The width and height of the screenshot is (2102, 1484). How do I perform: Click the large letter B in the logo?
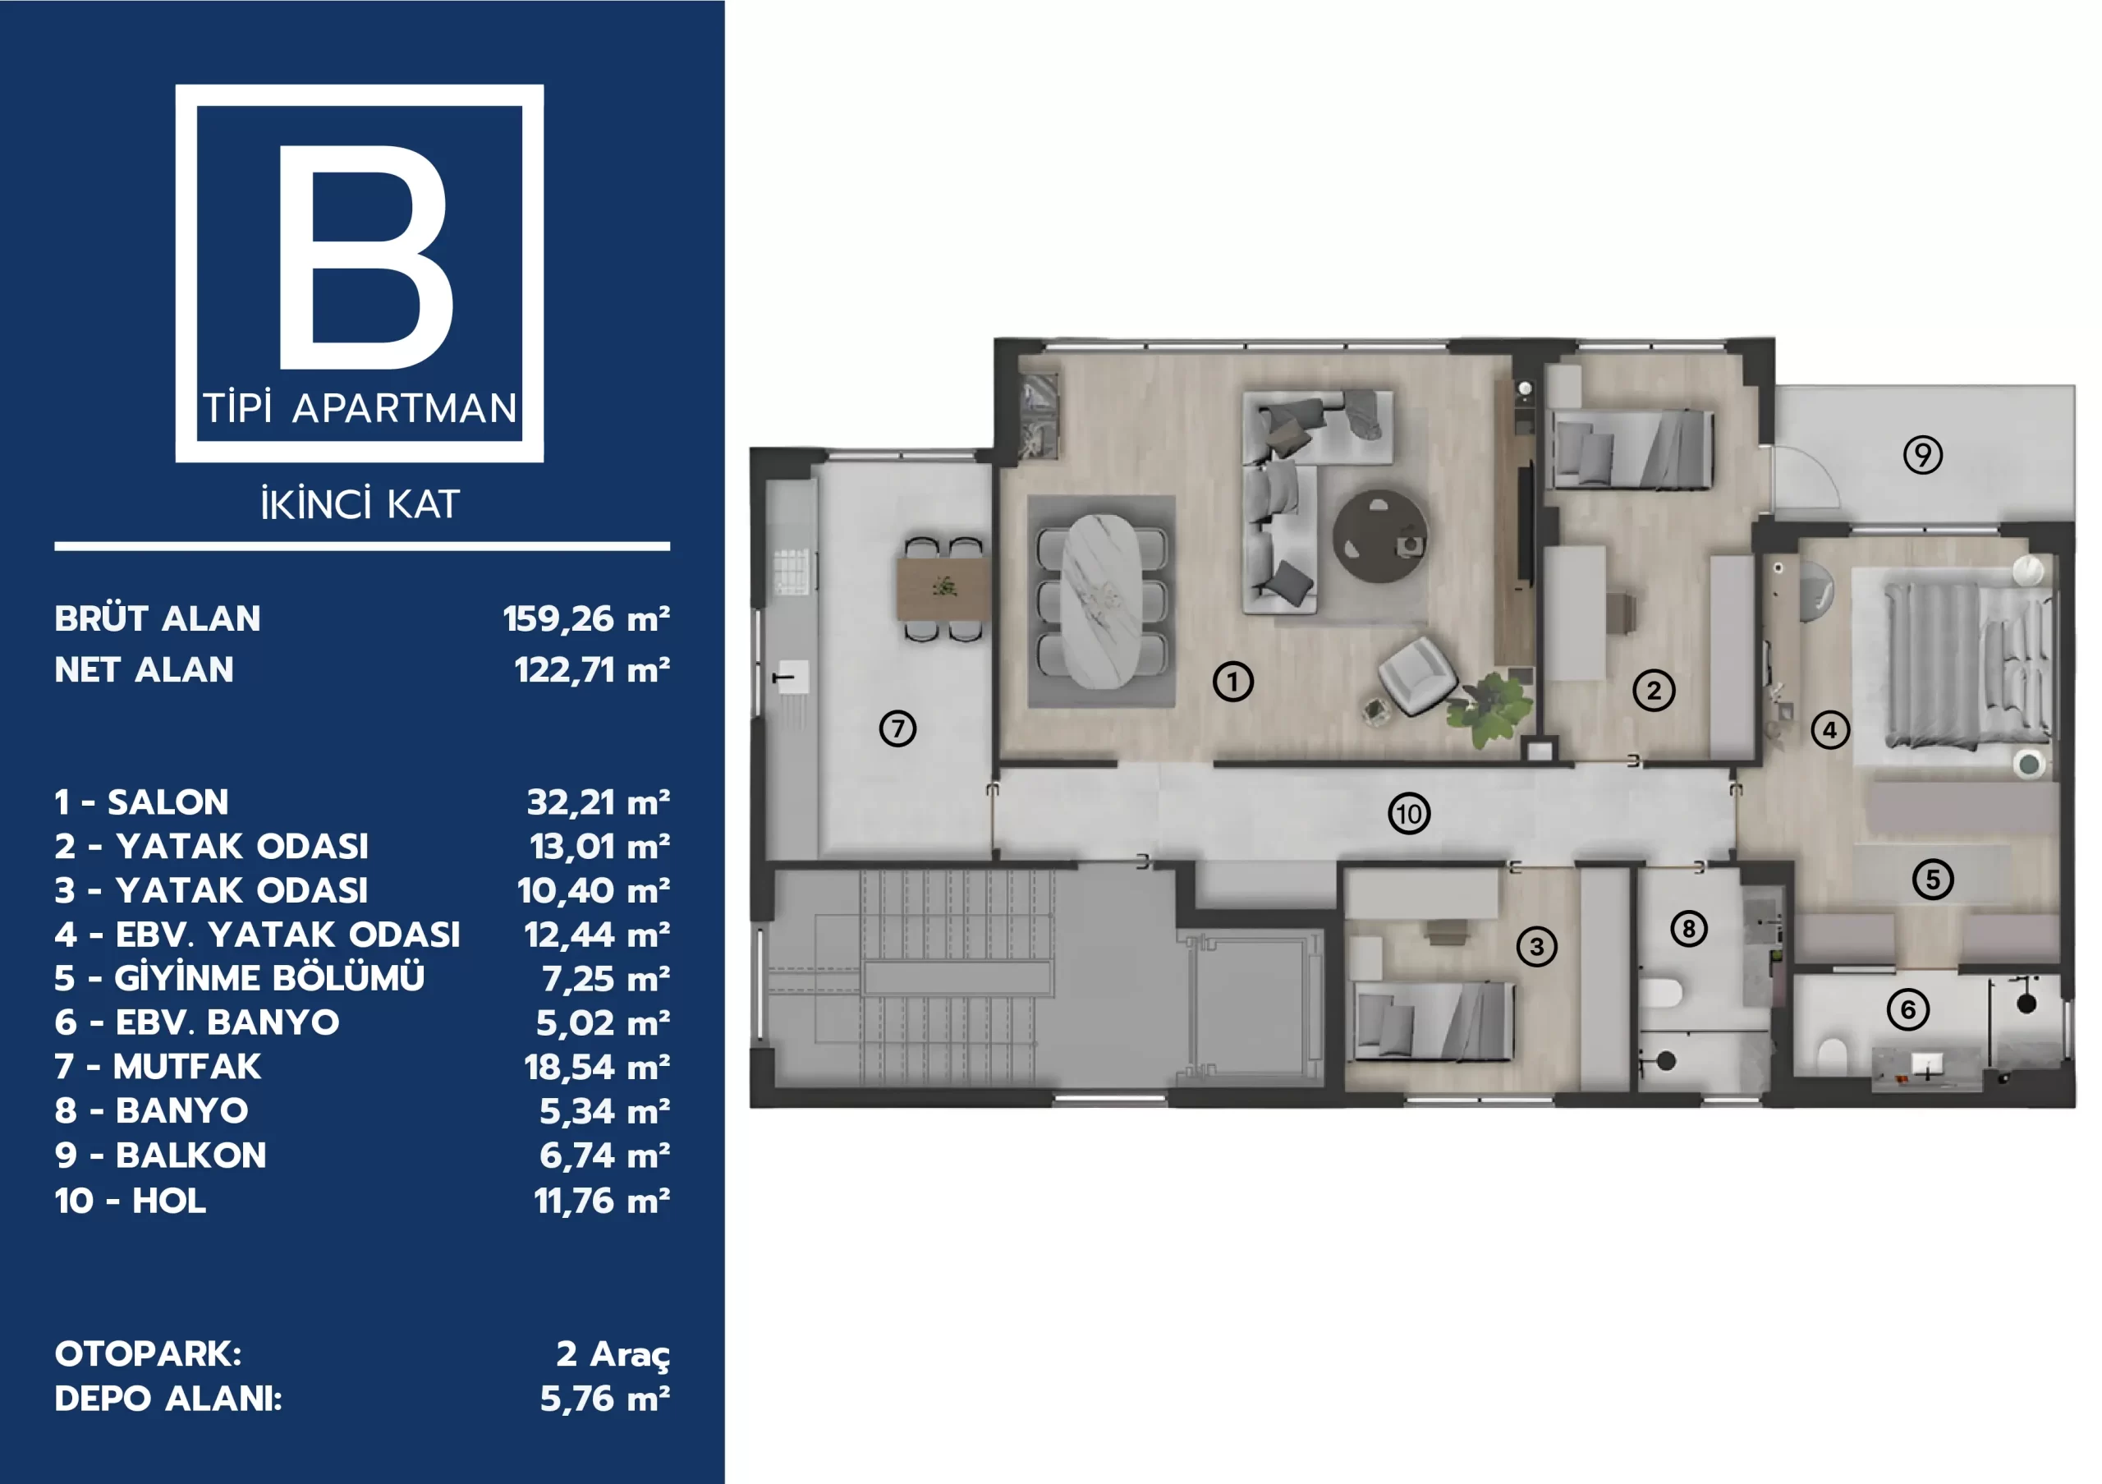(x=365, y=256)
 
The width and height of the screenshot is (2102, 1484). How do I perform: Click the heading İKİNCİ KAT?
(x=360, y=503)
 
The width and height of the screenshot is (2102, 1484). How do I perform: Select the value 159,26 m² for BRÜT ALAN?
(x=586, y=619)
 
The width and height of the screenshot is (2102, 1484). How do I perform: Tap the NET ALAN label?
(x=144, y=670)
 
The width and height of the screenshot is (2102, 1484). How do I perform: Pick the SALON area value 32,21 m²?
(x=598, y=803)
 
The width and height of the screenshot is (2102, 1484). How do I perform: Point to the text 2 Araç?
(x=613, y=1354)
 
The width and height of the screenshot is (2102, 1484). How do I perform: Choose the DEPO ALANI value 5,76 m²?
(x=604, y=1399)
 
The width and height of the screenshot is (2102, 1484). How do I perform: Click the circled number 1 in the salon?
(x=1232, y=681)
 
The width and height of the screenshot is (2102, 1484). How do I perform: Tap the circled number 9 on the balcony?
(x=1922, y=455)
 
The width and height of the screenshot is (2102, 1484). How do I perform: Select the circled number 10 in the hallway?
(x=1409, y=813)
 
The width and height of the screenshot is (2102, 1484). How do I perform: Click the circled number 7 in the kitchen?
(x=897, y=728)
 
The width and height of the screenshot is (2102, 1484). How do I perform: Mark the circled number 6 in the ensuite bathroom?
(x=1908, y=1010)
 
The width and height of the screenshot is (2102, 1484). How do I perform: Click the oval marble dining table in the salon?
(x=1102, y=600)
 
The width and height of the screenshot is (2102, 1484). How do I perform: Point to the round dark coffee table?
(x=1379, y=536)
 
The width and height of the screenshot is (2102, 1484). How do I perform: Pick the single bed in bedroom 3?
(x=1434, y=1021)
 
